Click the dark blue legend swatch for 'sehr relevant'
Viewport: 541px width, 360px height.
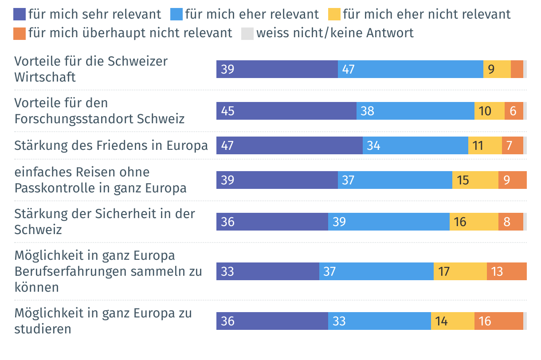point(20,15)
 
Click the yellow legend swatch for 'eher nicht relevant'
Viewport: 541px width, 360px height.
point(334,15)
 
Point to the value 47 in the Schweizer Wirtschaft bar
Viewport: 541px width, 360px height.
point(349,70)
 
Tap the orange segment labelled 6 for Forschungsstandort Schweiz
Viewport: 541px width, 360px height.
point(514,111)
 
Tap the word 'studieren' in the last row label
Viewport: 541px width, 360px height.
point(43,329)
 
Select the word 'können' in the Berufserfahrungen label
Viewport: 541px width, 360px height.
point(36,287)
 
